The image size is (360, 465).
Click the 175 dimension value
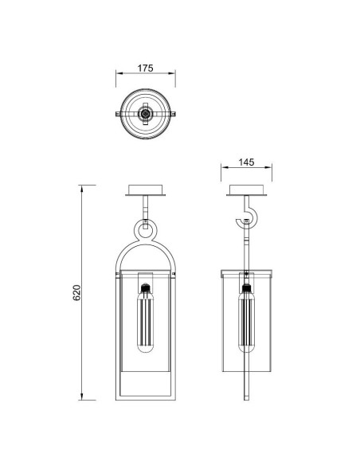coord(145,68)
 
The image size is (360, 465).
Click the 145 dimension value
coord(246,162)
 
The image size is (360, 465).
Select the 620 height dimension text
coord(76,293)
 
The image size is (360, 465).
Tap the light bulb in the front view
coord(145,318)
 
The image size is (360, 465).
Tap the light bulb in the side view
coord(246,318)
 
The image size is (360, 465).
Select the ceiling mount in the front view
coord(145,190)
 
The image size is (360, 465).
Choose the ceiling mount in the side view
coord(246,190)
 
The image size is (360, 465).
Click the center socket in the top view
coord(145,114)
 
